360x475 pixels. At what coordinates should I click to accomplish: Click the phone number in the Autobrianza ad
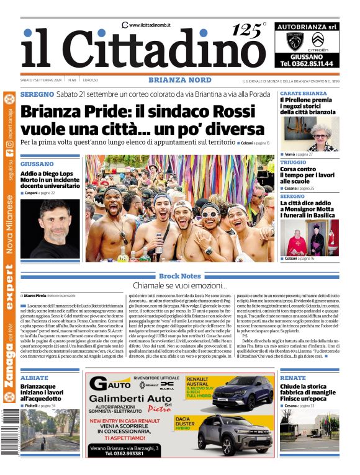306,64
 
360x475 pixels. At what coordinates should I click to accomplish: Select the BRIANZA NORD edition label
179,80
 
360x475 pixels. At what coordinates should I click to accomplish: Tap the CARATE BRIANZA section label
303,93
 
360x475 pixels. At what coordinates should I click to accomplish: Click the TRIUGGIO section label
292,162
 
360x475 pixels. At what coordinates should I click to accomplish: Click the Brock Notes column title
179,275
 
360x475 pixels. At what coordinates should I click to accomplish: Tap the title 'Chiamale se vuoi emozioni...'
179,286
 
